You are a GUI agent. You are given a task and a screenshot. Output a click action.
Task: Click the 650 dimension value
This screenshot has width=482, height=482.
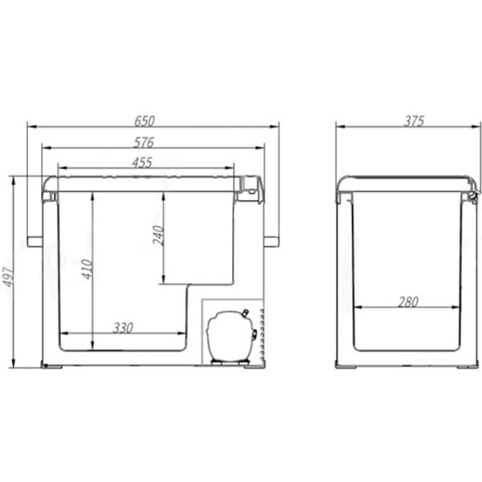tap(145, 120)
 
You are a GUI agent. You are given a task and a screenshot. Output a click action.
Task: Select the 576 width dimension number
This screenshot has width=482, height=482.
tap(144, 142)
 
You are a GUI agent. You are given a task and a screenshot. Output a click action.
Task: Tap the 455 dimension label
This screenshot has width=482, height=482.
tap(142, 162)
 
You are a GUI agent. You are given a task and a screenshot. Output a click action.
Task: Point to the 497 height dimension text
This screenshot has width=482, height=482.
tap(8, 276)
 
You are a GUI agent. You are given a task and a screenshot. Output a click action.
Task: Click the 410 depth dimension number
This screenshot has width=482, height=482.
tap(88, 269)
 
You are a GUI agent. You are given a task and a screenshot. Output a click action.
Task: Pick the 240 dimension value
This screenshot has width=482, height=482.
tap(158, 235)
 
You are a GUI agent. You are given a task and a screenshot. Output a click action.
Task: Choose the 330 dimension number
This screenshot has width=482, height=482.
tap(123, 328)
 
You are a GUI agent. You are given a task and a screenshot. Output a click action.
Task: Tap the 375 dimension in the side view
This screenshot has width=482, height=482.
tap(414, 121)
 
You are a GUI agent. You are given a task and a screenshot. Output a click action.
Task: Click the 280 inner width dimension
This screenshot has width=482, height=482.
tap(408, 302)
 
